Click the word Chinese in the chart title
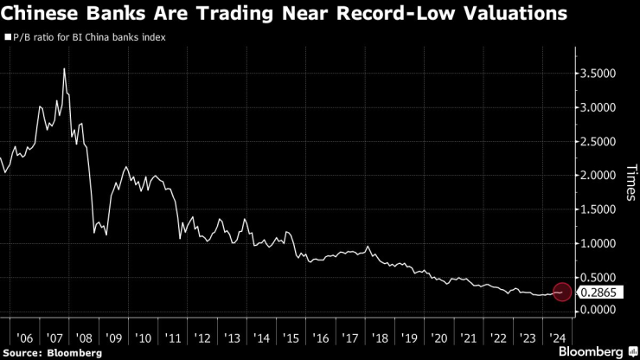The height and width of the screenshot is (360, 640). (x=39, y=15)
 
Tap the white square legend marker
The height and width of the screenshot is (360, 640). (x=7, y=38)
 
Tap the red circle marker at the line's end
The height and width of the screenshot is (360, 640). (x=561, y=292)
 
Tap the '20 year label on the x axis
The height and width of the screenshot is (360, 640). (x=439, y=337)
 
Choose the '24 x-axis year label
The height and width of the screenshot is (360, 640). (x=557, y=337)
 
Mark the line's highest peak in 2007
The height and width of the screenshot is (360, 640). (x=64, y=68)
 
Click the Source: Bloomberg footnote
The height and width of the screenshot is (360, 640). (x=52, y=353)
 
